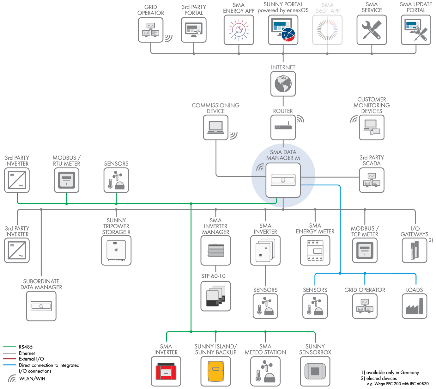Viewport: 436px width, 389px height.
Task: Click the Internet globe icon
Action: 283,84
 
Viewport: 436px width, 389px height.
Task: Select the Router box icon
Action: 283,127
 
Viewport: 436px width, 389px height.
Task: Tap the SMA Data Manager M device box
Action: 283,180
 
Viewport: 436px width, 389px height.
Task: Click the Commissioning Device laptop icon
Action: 215,127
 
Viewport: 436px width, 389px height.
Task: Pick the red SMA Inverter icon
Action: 166,371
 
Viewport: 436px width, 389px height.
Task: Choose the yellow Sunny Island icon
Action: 215,371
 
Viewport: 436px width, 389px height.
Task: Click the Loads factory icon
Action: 414,306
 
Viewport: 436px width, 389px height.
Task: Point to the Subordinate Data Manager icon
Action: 41,306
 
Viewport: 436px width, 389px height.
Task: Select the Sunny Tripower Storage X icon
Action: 116,250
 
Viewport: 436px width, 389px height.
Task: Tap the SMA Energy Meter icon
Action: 315,250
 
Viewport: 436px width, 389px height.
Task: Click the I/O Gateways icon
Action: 414,250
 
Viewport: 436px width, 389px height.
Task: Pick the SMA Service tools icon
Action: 372,30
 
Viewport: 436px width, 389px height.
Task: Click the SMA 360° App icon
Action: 327,30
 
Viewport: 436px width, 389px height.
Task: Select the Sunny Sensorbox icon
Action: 315,371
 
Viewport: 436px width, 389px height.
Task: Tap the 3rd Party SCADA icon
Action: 372,180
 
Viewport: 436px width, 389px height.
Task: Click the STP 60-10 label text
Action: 213,276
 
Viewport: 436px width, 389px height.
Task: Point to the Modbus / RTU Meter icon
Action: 66,180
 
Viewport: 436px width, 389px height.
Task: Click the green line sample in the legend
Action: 9,347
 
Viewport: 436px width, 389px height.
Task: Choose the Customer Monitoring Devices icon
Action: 372,127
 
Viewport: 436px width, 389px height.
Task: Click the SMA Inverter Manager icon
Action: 215,250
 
